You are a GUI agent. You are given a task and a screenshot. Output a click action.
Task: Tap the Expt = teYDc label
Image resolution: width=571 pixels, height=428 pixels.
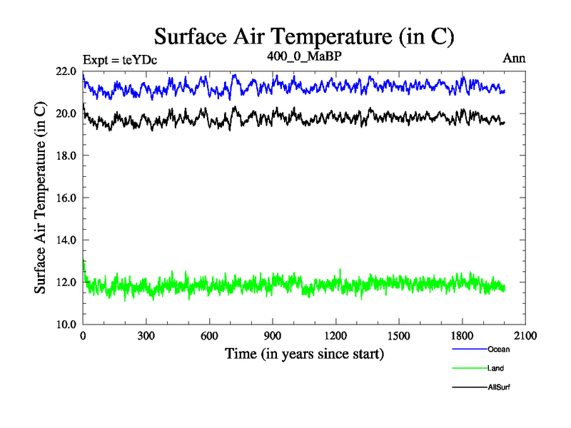coord(119,59)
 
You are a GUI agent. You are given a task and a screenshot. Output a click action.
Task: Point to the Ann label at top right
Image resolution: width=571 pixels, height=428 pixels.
coord(514,58)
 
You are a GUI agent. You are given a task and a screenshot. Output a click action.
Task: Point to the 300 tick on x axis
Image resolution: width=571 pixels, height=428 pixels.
coord(146,336)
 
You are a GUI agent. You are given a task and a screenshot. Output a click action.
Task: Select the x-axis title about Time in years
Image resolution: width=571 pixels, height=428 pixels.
coord(304,353)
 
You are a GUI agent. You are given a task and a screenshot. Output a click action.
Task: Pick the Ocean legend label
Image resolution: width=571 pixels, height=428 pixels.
coord(498,350)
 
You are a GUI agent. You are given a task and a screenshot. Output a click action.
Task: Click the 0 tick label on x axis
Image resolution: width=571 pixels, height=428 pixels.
coord(84,336)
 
